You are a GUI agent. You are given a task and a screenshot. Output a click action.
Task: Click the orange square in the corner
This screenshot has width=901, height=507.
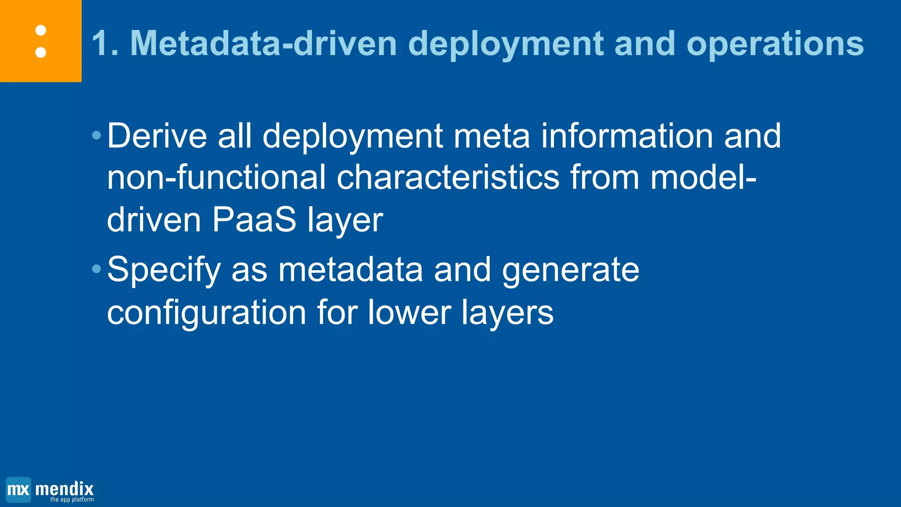coord(40,40)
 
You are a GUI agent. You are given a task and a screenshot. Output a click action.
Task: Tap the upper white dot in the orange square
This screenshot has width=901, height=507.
coord(40,30)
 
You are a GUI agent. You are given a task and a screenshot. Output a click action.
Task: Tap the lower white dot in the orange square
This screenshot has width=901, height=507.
coord(40,52)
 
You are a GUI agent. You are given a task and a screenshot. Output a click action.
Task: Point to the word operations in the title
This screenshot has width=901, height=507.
coord(775,43)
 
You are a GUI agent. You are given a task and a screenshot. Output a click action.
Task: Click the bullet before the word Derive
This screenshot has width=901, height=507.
coord(97,135)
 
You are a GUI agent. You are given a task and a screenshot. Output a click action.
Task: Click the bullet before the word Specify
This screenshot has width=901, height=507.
coord(97,269)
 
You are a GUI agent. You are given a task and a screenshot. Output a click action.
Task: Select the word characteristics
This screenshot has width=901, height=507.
coord(448,177)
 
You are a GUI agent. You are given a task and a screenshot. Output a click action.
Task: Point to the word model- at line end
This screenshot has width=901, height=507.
coord(703,177)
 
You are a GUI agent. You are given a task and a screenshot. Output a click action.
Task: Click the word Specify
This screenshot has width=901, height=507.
coord(164,270)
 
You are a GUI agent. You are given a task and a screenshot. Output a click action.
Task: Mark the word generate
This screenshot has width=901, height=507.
coord(571,270)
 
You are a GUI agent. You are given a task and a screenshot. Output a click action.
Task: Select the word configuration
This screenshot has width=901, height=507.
coord(206,312)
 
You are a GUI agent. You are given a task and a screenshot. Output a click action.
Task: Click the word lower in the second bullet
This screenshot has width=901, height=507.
coord(409,312)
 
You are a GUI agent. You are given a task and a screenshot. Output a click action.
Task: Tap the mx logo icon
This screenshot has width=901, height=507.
coord(18,489)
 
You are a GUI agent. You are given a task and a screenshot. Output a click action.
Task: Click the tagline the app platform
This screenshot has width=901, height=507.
coord(72,500)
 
